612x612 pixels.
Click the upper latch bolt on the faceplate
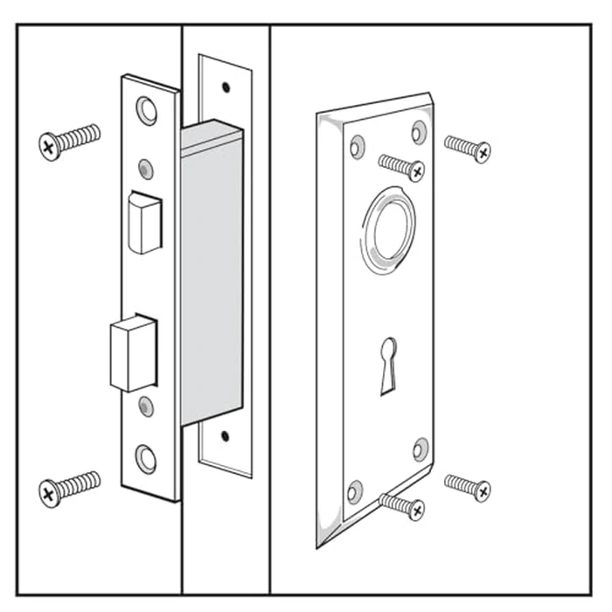[145, 222]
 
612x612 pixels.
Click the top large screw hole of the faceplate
[146, 109]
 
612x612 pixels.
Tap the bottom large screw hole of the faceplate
[145, 457]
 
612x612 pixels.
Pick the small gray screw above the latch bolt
[146, 167]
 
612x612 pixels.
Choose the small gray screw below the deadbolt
[146, 407]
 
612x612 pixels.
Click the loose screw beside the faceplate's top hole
[69, 142]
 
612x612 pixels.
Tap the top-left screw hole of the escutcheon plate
[356, 144]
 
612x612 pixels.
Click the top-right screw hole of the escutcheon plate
[420, 132]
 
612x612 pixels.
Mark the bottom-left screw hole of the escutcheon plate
[355, 490]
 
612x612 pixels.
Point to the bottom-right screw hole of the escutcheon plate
[421, 449]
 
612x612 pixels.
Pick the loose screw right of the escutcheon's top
[467, 147]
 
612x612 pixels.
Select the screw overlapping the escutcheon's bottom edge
[402, 504]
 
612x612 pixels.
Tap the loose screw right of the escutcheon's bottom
[467, 486]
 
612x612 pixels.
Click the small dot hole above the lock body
[226, 87]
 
